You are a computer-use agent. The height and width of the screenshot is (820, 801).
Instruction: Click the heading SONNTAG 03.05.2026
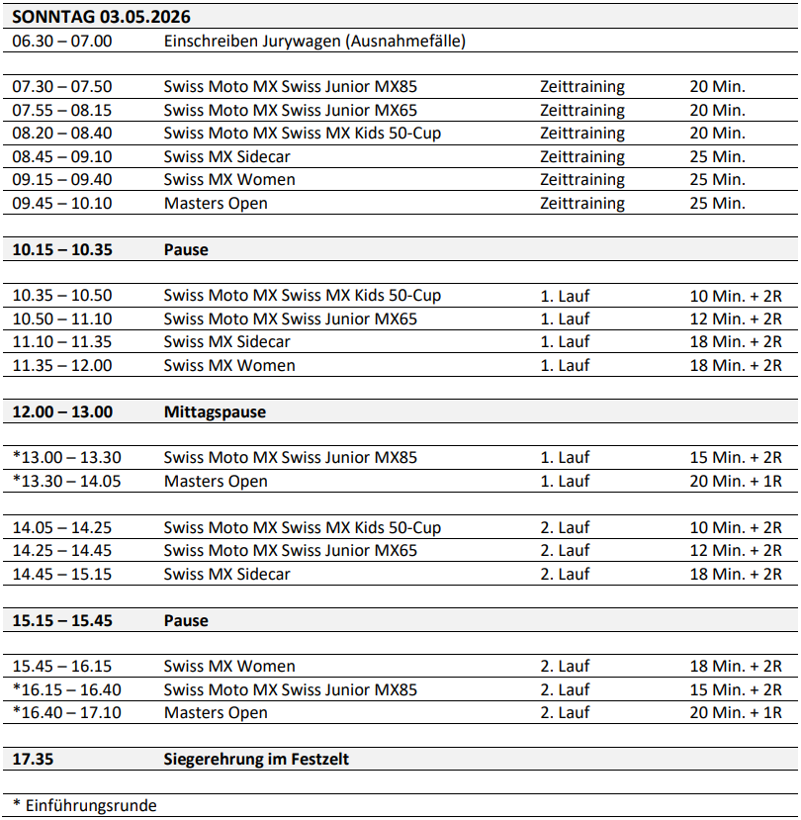[x=101, y=17]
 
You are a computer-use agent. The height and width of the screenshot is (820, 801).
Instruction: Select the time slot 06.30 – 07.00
[x=62, y=41]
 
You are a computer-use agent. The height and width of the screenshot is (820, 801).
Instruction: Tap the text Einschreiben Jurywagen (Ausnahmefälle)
[x=314, y=41]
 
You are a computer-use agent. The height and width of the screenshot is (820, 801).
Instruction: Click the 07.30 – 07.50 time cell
[x=62, y=87]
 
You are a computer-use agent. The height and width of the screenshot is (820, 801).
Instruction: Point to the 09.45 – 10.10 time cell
[x=62, y=204]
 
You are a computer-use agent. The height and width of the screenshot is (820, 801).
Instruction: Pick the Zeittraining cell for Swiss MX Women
[x=582, y=180]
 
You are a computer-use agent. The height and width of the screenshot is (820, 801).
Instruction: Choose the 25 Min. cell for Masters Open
[x=717, y=204]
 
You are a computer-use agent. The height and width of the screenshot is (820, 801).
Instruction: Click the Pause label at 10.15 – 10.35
[x=186, y=250]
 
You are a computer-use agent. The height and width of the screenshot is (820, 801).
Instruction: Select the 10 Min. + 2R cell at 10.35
[x=736, y=296]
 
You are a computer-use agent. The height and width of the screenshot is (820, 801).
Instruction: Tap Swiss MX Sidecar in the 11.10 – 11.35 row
[x=227, y=342]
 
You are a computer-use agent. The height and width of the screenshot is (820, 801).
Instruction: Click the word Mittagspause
[x=215, y=412]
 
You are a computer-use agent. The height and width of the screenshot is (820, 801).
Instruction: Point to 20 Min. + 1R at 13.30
[x=736, y=482]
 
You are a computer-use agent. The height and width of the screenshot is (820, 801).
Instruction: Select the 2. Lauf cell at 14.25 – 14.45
[x=565, y=551]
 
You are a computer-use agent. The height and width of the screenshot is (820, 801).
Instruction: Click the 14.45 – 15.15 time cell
[x=62, y=575]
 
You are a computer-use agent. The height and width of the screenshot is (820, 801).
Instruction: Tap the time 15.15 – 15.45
[x=62, y=621]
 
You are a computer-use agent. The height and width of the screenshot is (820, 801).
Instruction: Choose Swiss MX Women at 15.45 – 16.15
[x=229, y=667]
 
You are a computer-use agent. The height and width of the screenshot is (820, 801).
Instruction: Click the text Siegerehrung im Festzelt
[x=256, y=760]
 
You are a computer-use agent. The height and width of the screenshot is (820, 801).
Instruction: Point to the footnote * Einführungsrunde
[x=84, y=805]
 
